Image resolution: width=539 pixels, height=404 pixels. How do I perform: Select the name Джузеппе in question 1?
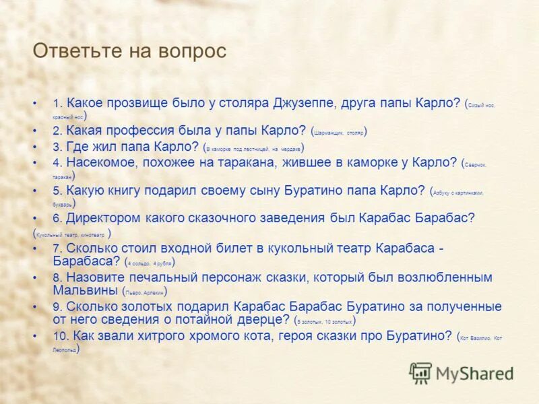tap(304, 103)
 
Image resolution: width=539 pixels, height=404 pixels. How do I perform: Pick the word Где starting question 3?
tap(77, 147)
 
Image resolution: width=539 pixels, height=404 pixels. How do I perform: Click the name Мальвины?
tap(86, 290)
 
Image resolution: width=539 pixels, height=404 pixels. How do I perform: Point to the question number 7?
tap(57, 248)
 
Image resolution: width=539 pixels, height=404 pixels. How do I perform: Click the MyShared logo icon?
tap(420, 372)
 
